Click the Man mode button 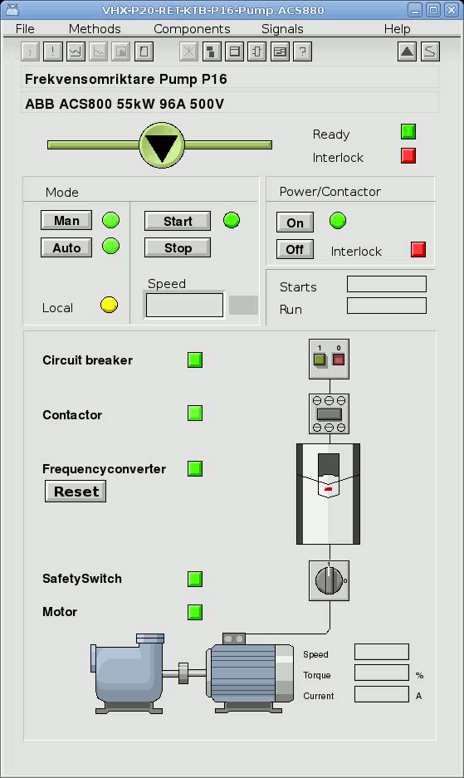pyautogui.click(x=66, y=220)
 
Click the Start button pyautogui.click(x=178, y=222)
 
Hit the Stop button pyautogui.click(x=178, y=248)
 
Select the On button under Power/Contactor pyautogui.click(x=295, y=223)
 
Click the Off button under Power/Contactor pyautogui.click(x=295, y=249)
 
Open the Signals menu pyautogui.click(x=282, y=29)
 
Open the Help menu pyautogui.click(x=397, y=29)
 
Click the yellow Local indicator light pyautogui.click(x=110, y=305)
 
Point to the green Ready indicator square pyautogui.click(x=408, y=132)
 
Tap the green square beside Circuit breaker pyautogui.click(x=195, y=360)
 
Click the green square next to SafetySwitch pyautogui.click(x=195, y=579)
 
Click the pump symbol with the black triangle pyautogui.click(x=162, y=144)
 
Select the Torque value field pyautogui.click(x=382, y=673)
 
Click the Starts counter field pyautogui.click(x=387, y=284)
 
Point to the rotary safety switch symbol pyautogui.click(x=329, y=580)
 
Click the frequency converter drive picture pyautogui.click(x=328, y=494)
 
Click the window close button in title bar pyautogui.click(x=451, y=10)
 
